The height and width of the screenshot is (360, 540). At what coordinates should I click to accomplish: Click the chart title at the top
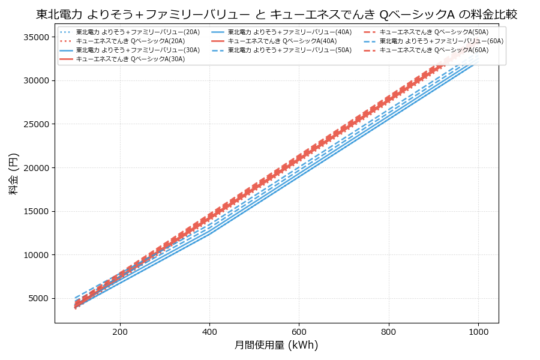pos(277,14)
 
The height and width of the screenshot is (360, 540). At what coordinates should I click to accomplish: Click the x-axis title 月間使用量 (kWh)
pos(276,345)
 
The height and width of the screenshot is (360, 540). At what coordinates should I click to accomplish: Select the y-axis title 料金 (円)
pos(13,173)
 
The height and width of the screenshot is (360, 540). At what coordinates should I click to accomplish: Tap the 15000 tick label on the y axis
pos(35,212)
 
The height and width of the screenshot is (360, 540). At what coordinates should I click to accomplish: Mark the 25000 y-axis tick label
pos(35,124)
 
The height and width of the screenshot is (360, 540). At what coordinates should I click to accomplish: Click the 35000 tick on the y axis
pos(35,37)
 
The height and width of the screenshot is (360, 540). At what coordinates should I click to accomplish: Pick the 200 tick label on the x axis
pos(120,331)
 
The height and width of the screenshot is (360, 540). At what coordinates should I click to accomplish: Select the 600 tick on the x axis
pos(299,331)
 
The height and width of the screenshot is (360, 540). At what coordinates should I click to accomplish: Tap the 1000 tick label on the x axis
pos(478,331)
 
